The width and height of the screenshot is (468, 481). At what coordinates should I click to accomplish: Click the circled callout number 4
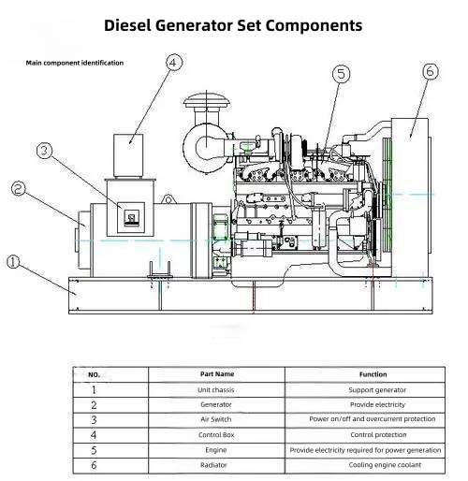pos(173,63)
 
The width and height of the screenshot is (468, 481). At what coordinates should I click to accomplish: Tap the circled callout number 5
pos(341,74)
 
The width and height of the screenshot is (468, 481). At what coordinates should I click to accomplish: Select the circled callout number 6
pos(431,71)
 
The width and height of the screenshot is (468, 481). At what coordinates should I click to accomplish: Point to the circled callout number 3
pos(45,151)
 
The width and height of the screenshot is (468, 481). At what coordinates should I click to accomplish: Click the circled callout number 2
pos(19,188)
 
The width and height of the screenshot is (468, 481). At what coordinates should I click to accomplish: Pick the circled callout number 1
pos(13,262)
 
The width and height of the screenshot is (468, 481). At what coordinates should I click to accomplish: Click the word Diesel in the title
pos(127,25)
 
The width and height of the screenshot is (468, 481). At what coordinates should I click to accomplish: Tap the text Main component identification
pos(75,63)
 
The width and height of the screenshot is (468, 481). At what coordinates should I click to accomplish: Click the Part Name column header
pos(217,374)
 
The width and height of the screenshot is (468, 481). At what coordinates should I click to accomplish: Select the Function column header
pos(373,374)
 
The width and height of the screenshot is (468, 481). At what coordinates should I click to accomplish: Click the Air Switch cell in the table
pos(216,419)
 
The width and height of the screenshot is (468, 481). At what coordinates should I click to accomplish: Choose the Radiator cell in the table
pos(213,465)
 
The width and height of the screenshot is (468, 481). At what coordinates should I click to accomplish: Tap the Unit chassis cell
pos(216,389)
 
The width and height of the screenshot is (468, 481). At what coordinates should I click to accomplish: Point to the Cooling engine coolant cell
pos(385,465)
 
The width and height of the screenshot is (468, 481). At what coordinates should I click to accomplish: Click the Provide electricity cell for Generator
pos(377,404)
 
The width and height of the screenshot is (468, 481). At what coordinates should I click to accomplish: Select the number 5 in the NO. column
pos(94,450)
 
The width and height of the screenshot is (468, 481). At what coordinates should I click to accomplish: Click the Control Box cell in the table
pos(216,435)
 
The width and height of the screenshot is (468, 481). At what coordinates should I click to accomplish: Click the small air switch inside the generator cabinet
pos(131,217)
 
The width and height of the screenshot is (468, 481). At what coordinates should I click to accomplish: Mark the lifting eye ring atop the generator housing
pos(168,199)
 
